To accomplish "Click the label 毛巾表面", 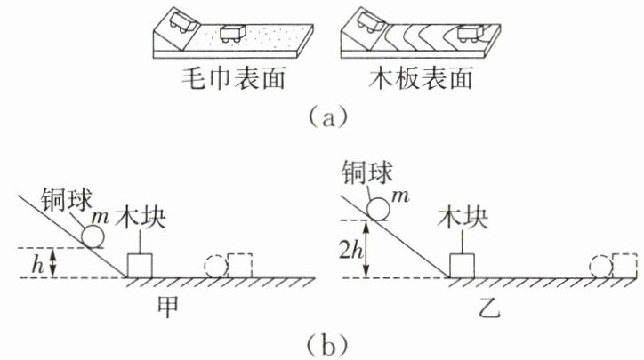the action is pos(233,78).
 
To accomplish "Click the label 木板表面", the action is pos(420,78).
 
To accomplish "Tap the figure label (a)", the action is pos(327,116).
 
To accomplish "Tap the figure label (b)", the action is pos(327,346).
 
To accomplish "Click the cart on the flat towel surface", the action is pos(233,34).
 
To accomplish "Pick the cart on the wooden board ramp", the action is pos(368,21).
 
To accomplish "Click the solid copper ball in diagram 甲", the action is pos(93,236).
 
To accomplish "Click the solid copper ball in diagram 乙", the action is pos(378,209).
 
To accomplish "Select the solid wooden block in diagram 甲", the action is pos(140,266).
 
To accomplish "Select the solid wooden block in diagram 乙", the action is pos(462,266).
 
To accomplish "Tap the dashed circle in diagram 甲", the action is pos(216,267).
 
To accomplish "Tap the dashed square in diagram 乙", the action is pos(624,266).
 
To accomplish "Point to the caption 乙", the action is pos(489,308).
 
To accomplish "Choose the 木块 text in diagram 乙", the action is pos(463,218).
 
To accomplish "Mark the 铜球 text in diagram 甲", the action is pos(66,199).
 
